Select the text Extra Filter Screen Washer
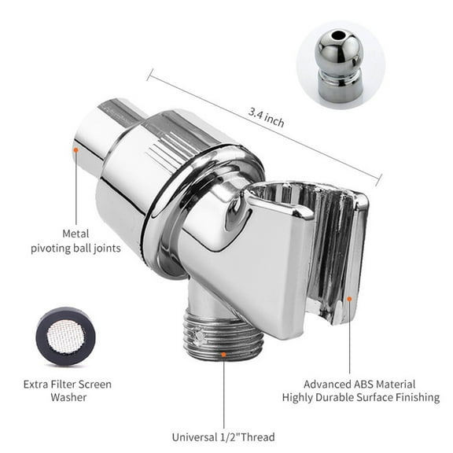click(67, 391)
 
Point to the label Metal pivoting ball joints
click(76, 240)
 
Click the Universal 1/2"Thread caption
click(223, 437)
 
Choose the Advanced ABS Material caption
click(360, 384)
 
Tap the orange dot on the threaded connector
click(224, 355)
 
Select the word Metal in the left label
click(76, 233)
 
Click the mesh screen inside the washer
click(65, 335)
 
